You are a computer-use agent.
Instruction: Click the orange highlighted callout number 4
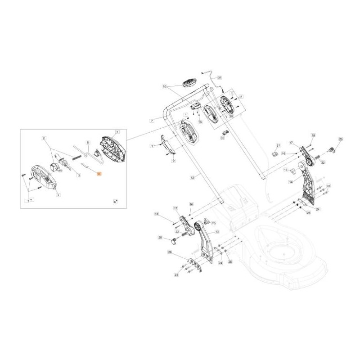coord(99,173)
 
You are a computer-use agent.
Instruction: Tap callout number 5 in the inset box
coord(89,141)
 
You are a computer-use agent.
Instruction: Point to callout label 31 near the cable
coord(220,77)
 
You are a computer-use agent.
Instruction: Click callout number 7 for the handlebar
coord(152,121)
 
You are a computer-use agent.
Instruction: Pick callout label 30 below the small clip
coord(222,139)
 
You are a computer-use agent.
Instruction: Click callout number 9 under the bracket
coord(173,161)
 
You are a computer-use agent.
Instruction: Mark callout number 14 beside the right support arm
coord(291,182)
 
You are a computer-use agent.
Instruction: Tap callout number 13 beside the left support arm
coord(217,232)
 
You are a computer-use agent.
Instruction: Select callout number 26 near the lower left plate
coord(170,252)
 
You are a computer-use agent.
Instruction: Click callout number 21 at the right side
coord(278,146)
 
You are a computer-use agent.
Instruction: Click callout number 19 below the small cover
coord(200,122)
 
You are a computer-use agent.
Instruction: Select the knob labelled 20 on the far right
coord(333,149)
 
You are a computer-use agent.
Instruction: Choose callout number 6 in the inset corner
coord(115,202)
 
